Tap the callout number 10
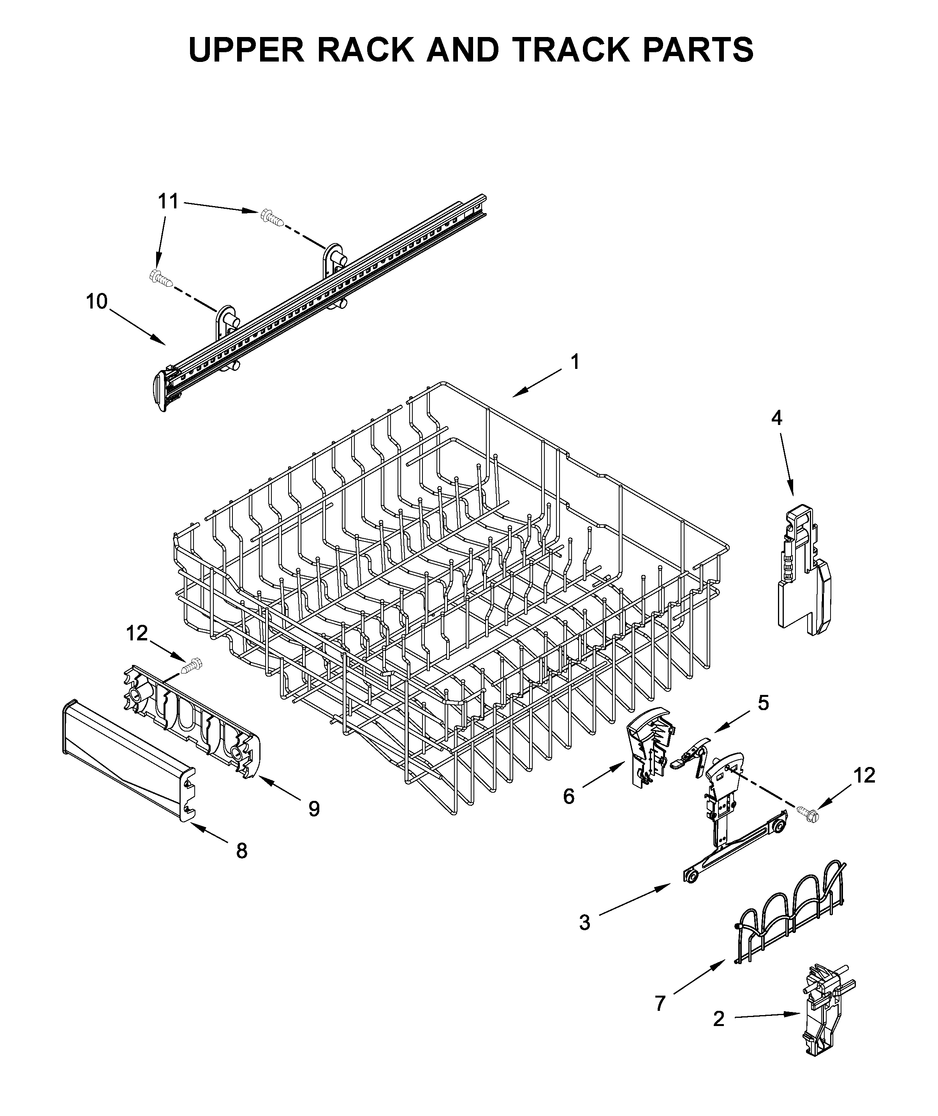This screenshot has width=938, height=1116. click(97, 301)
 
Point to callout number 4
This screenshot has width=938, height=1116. click(776, 418)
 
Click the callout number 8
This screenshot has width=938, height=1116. click(242, 851)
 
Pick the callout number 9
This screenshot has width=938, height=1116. click(314, 809)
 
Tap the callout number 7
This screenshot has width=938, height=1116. click(660, 1004)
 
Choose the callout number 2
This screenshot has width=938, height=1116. click(718, 1019)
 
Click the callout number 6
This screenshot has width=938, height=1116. click(569, 796)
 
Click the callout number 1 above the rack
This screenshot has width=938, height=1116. click(575, 362)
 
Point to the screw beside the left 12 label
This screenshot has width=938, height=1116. click(192, 665)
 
